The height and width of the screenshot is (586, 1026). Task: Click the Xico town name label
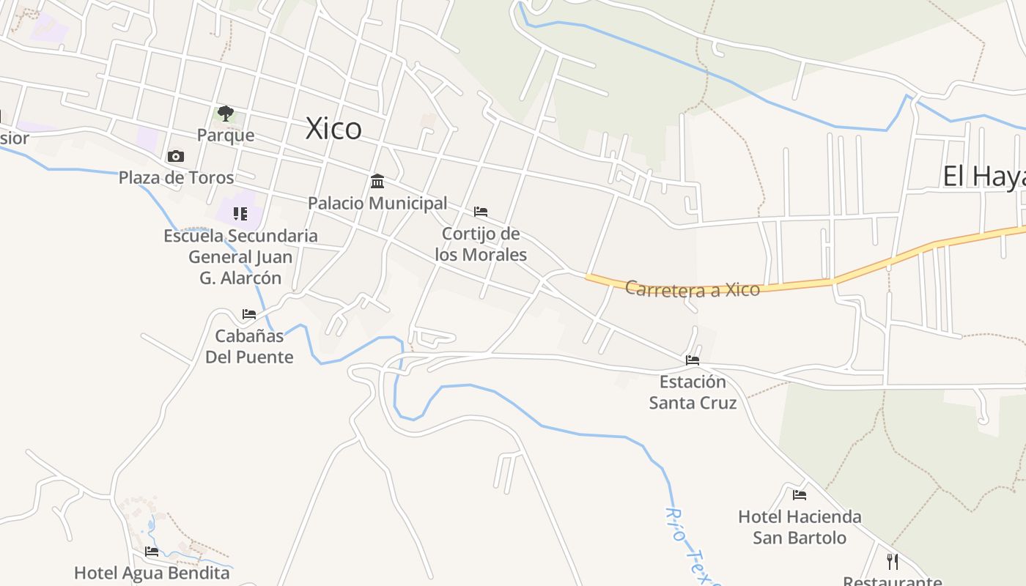click(333, 129)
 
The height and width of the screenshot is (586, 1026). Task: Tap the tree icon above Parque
click(226, 114)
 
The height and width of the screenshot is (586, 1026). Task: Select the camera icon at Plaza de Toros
click(176, 156)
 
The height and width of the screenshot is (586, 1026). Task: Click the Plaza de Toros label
click(176, 177)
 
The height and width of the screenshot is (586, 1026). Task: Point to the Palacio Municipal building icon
click(377, 181)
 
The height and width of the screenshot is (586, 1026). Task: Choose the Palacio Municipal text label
click(377, 203)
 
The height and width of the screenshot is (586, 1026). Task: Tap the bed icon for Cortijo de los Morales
click(481, 212)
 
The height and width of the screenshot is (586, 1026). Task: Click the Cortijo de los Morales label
click(481, 244)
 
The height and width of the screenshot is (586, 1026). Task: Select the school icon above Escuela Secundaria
click(240, 214)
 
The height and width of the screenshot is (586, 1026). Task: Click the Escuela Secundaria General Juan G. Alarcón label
click(240, 256)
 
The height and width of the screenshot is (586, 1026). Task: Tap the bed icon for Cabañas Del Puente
click(249, 314)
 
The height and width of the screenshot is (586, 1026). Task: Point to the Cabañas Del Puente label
click(249, 346)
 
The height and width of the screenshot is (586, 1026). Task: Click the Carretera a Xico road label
click(692, 289)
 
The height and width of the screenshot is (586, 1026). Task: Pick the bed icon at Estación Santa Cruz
click(693, 360)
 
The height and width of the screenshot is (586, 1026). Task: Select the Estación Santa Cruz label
click(693, 392)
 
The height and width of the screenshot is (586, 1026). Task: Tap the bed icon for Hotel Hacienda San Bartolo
click(800, 495)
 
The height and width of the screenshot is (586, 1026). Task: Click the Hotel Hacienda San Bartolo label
click(800, 527)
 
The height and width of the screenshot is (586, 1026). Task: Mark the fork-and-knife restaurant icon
click(893, 562)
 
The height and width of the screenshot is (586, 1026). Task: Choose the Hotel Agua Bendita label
click(152, 573)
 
